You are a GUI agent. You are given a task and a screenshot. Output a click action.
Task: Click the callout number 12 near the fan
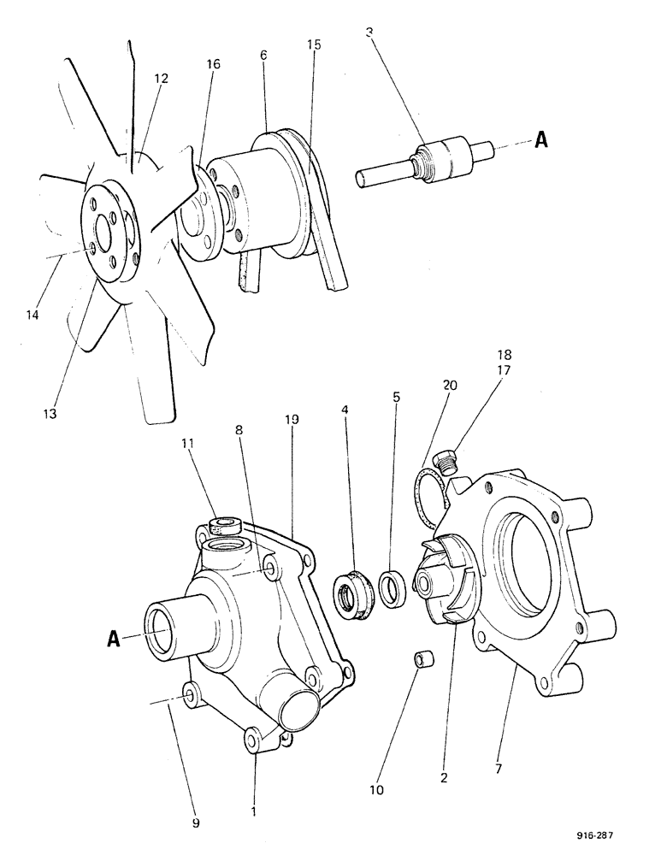pyautogui.click(x=162, y=78)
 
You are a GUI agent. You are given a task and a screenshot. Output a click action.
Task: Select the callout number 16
pyautogui.click(x=212, y=63)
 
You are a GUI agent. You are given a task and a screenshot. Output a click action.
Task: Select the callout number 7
pyautogui.click(x=498, y=769)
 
